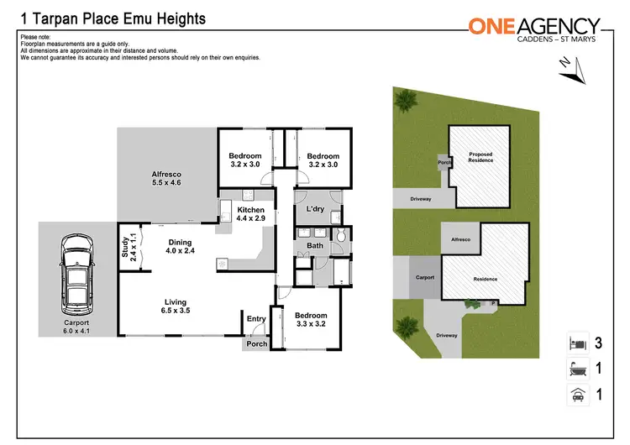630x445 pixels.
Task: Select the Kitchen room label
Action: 250,213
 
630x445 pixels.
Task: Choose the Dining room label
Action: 181,246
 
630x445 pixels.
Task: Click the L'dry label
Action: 315,208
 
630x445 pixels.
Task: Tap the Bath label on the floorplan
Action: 315,246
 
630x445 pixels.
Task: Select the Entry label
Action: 255,318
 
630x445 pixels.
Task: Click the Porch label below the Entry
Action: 255,343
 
